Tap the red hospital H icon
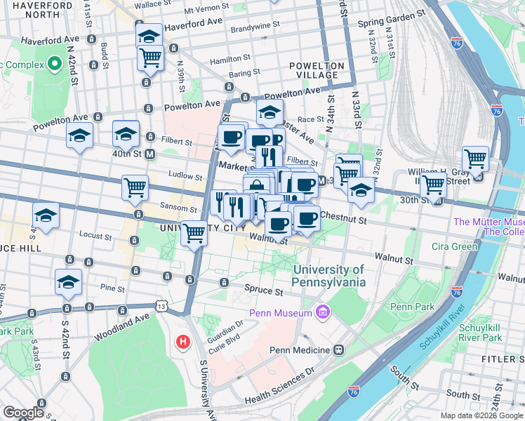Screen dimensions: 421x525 click(182, 342)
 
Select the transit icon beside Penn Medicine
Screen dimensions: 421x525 click(339, 349)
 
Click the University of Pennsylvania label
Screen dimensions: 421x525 click(329, 276)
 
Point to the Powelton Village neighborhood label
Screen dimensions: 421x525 click(317, 70)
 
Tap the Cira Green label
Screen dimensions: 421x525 click(454, 246)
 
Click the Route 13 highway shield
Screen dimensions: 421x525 click(163, 306)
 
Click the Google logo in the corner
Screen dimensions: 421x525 click(23, 413)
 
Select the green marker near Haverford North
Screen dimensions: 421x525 click(55, 65)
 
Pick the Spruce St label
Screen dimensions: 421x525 click(263, 289)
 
